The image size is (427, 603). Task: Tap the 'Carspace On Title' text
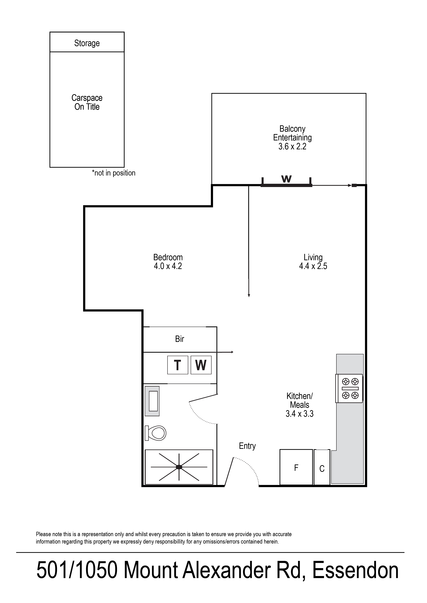point(87,102)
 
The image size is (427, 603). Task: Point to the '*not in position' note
point(114,173)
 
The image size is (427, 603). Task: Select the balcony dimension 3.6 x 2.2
point(292,146)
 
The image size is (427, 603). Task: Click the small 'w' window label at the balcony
point(286,179)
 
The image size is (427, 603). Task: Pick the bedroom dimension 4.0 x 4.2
point(168,266)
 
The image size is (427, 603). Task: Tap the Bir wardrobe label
point(180,339)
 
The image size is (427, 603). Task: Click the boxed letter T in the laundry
point(178,365)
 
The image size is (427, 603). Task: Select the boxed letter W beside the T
point(201,365)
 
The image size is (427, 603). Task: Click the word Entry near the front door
point(247,446)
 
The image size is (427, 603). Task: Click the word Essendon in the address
point(355,578)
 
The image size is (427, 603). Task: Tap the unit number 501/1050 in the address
point(77,578)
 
